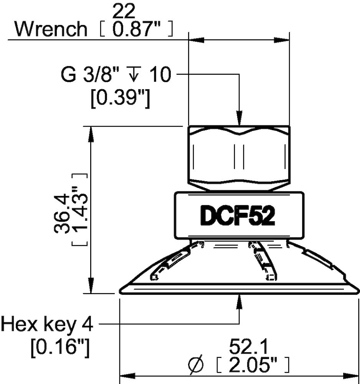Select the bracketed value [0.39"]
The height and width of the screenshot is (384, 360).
(119, 99)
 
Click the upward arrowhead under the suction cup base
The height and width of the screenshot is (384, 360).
(239, 301)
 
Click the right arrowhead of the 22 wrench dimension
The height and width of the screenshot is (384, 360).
(282, 39)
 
